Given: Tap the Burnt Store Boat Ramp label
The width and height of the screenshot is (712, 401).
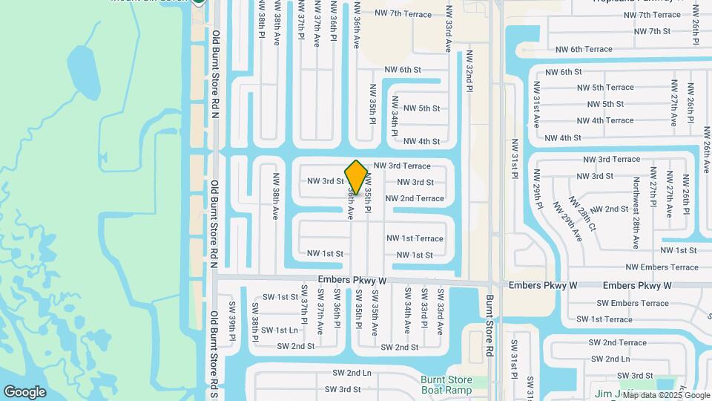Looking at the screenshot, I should tap(446, 384).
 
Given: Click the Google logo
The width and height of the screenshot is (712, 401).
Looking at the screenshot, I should tap(24, 392).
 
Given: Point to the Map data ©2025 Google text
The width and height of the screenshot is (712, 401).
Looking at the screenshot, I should tap(665, 395).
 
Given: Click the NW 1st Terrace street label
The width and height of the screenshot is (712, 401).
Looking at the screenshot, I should tap(415, 238).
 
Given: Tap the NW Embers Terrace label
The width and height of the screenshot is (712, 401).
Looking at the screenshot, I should tap(662, 267).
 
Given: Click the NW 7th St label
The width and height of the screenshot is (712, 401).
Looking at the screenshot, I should tap(649, 31).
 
